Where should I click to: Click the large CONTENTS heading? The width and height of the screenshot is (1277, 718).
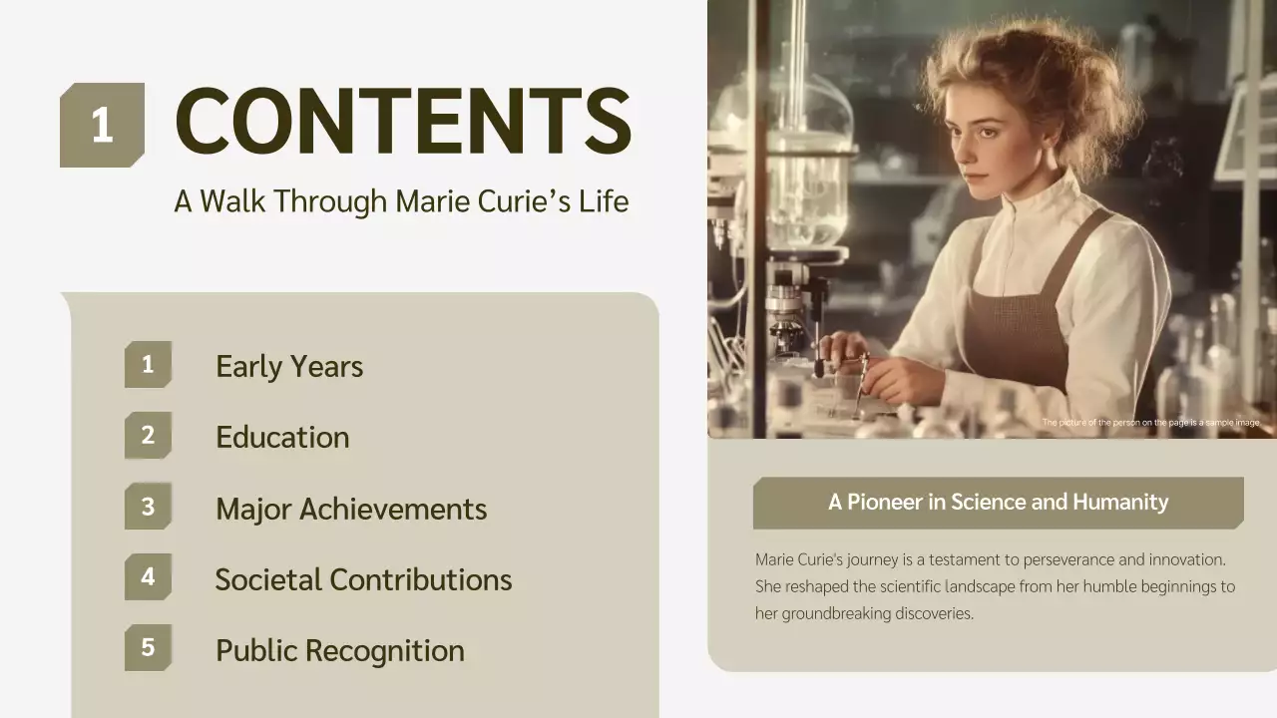coord(403,121)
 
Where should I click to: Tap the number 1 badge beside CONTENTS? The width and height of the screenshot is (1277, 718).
coord(102,126)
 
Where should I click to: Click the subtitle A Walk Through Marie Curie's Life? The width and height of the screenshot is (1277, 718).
coord(401,200)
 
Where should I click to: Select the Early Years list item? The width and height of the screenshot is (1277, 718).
coord(289,366)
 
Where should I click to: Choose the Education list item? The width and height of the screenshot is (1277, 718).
coord(282,437)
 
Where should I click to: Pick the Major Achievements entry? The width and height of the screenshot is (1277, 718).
coord(351,509)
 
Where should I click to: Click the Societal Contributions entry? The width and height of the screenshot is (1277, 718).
coord(363,579)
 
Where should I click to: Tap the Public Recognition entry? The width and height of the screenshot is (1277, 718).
coord(340,650)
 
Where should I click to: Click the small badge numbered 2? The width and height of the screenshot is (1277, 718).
coord(148,436)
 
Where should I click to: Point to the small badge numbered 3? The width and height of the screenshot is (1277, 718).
coord(148,507)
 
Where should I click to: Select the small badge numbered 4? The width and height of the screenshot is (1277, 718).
coord(148,577)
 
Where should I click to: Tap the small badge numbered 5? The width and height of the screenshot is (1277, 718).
coord(148,648)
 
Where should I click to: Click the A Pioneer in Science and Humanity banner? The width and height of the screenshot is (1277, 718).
coord(998,502)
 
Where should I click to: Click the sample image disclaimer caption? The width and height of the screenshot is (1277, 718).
coord(1151,423)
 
